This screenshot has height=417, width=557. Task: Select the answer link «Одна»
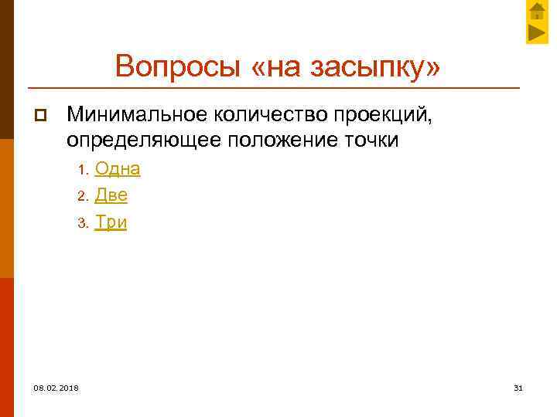pyautogui.click(x=118, y=168)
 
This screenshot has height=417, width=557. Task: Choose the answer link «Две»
pyautogui.click(x=111, y=195)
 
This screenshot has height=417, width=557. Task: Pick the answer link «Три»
pyautogui.click(x=111, y=222)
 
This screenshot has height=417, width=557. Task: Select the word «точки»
pyautogui.click(x=373, y=141)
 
